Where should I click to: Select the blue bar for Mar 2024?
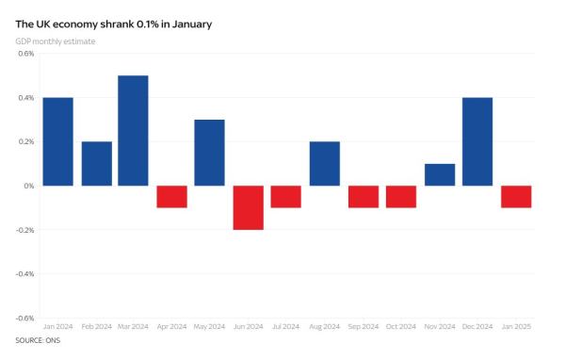[134, 130]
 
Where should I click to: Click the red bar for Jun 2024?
[249, 207]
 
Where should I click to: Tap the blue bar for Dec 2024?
[477, 141]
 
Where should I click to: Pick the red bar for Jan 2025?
[516, 196]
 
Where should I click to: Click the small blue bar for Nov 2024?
[440, 174]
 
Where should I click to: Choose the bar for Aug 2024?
[325, 163]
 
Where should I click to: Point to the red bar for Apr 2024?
[172, 196]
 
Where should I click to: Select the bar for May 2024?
[210, 153]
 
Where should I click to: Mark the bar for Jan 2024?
[58, 141]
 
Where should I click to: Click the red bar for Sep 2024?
[363, 196]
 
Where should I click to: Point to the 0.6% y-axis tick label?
[25, 54]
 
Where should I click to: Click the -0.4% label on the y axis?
[24, 273]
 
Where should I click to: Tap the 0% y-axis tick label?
[29, 186]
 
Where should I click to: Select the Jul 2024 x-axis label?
[286, 326]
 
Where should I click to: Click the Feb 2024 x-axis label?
[96, 326]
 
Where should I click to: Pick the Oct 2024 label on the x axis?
[401, 326]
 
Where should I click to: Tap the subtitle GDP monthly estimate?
[56, 41]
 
